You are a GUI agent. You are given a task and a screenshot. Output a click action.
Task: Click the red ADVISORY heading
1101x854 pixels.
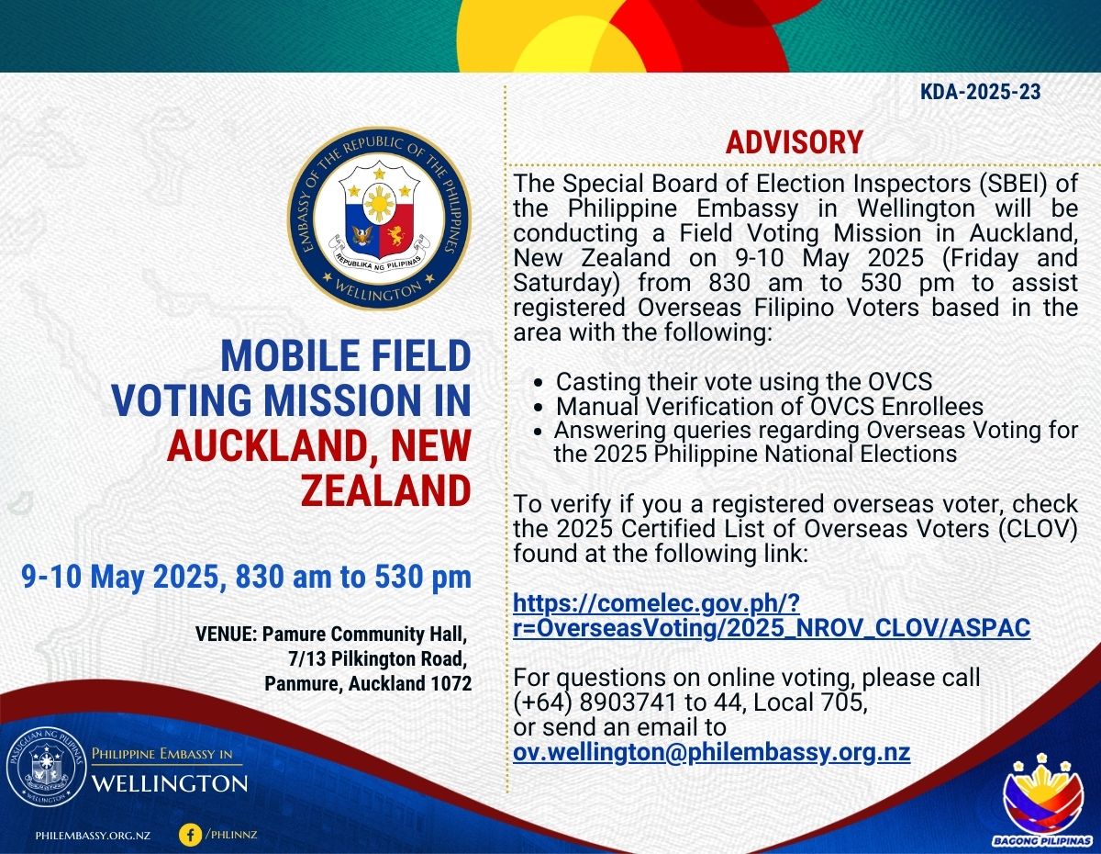click(x=794, y=142)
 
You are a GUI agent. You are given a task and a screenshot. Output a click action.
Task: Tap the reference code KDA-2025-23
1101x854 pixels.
click(x=980, y=92)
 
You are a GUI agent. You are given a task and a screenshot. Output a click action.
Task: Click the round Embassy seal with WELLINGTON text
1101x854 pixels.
click(x=379, y=219)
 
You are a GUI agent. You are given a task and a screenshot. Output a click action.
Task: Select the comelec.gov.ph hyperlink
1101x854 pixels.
click(x=771, y=615)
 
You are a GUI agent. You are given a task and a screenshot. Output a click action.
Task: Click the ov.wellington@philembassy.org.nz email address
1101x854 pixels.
click(x=711, y=752)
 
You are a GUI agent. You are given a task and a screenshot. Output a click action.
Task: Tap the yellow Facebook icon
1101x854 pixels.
click(x=191, y=835)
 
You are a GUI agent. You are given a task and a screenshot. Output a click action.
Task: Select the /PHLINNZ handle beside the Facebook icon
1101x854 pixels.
click(x=231, y=834)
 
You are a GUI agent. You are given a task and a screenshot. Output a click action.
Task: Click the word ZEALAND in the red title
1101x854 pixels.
click(x=386, y=489)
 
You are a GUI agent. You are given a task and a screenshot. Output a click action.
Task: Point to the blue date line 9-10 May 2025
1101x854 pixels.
click(x=246, y=577)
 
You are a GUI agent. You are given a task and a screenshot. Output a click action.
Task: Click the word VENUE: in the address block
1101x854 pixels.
click(x=227, y=634)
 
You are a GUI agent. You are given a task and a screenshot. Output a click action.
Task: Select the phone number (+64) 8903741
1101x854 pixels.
click(x=595, y=702)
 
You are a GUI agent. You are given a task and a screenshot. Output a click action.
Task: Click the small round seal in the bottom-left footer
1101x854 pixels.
click(x=46, y=770)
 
